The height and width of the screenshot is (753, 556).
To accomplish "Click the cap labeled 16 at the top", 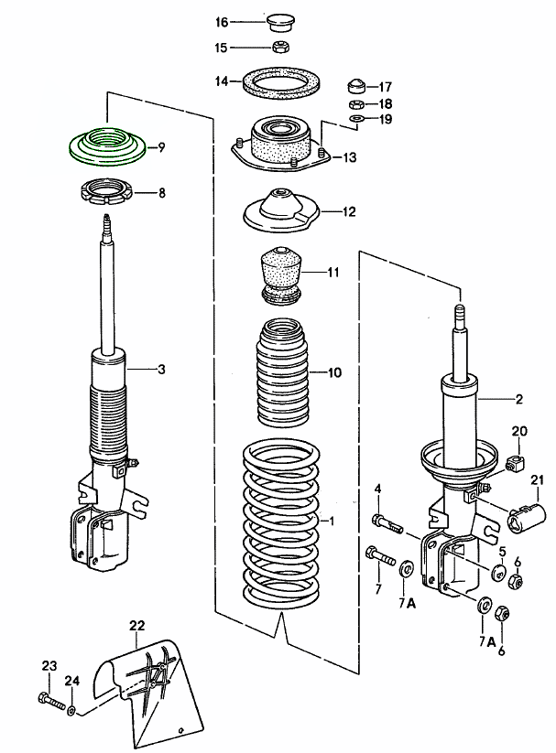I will pyautogui.click(x=282, y=21).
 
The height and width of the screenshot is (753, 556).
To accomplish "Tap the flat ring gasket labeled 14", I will pyautogui.click(x=281, y=84).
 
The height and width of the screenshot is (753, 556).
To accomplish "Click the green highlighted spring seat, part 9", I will pyautogui.click(x=106, y=146).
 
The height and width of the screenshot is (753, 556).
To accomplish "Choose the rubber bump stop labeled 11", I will pyautogui.click(x=281, y=274).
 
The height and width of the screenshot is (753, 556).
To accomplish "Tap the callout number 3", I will pyautogui.click(x=161, y=369).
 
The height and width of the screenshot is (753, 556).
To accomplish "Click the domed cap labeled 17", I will pyautogui.click(x=358, y=88).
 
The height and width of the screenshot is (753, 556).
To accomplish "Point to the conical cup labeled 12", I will pyautogui.click(x=280, y=211).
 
